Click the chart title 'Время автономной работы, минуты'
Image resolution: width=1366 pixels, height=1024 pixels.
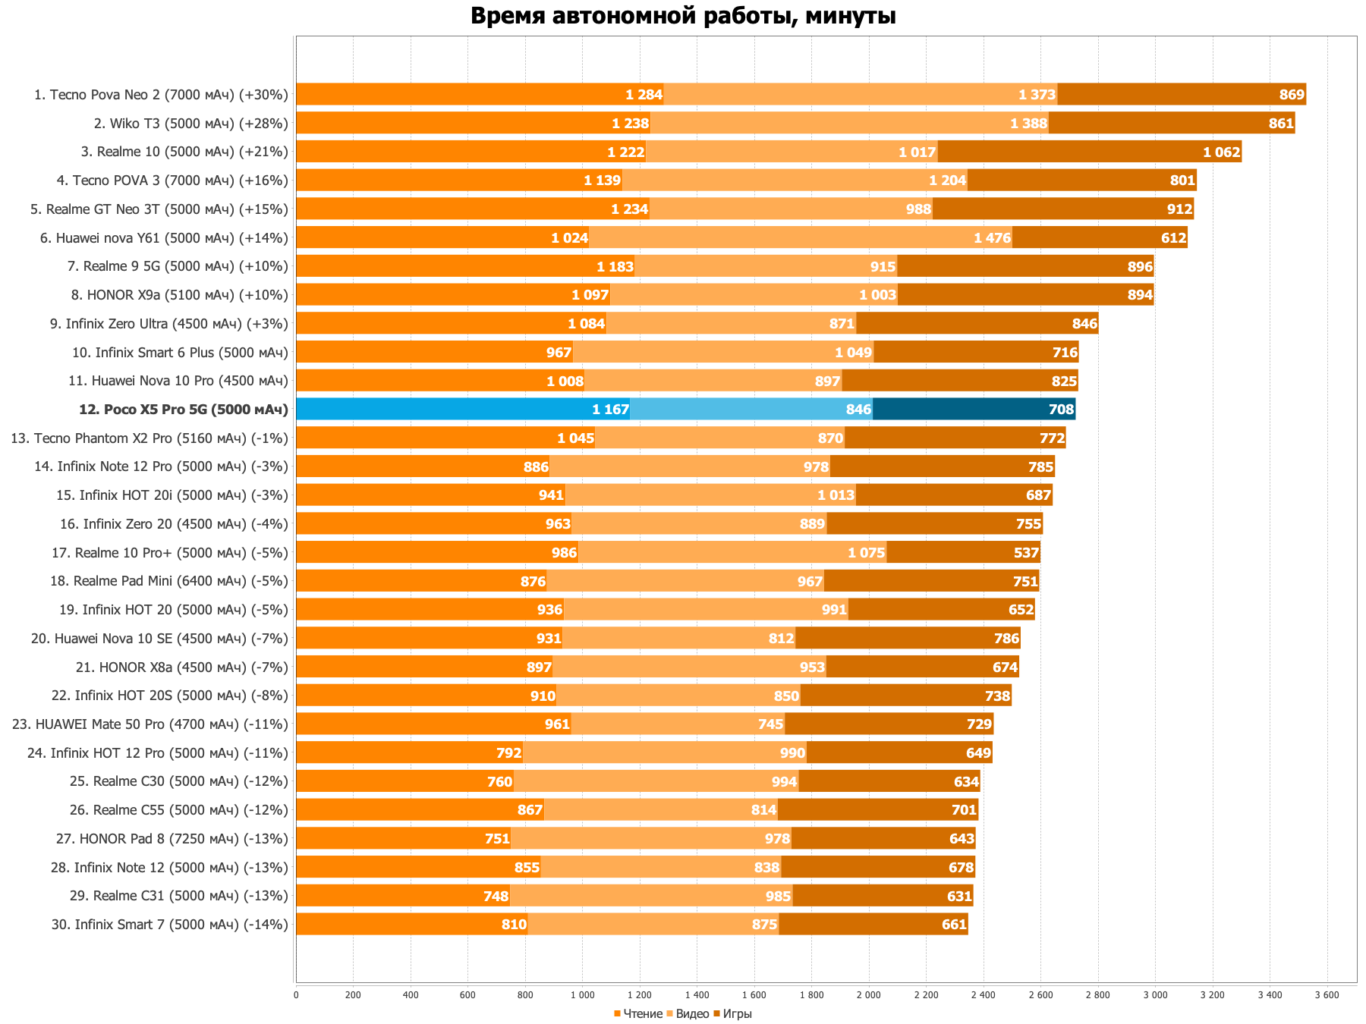[x=683, y=16]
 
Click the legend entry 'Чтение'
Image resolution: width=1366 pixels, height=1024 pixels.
[x=642, y=1014]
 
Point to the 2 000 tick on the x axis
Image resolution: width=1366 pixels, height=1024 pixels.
[x=868, y=994]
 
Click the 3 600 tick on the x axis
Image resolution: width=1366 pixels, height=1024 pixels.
[x=1327, y=994]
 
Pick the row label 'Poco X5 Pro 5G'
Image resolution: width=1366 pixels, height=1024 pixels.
[x=184, y=410]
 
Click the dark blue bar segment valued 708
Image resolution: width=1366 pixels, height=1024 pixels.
[x=974, y=410]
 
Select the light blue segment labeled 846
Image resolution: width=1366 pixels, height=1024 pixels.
[x=751, y=410]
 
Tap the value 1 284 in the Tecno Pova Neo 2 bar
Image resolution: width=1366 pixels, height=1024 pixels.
[x=644, y=95]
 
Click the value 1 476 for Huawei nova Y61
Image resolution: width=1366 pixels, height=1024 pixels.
[x=992, y=238]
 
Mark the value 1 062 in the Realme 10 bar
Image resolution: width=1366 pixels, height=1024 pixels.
[x=1221, y=152]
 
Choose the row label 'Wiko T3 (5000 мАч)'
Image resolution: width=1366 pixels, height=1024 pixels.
[x=191, y=124]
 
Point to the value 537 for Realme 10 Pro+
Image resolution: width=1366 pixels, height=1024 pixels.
[x=1026, y=553]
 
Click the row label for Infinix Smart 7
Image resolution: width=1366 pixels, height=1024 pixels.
[x=171, y=925]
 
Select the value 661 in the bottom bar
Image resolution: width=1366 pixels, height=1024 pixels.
[x=954, y=925]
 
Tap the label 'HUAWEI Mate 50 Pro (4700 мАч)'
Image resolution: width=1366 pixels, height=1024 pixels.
[x=150, y=724]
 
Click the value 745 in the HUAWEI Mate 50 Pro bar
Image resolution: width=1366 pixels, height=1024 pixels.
[x=770, y=724]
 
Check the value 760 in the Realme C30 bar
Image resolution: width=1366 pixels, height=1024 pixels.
[x=499, y=782]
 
